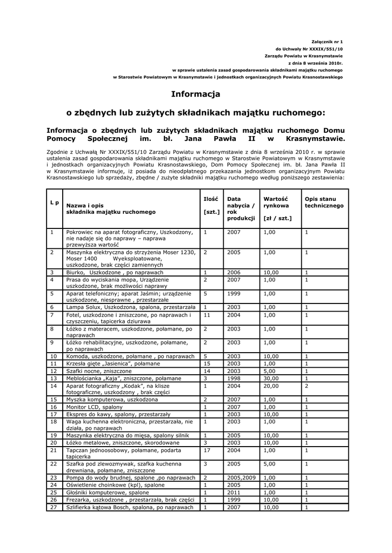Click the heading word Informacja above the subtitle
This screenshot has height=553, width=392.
point(196,94)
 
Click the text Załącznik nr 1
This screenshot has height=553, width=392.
point(328,42)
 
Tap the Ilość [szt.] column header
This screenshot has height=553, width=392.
point(211,205)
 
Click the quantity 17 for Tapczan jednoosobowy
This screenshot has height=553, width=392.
point(207,449)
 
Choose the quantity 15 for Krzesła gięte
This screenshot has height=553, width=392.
point(207,364)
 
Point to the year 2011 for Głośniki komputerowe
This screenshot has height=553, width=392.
point(234,493)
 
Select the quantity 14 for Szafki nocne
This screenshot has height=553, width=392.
point(207,372)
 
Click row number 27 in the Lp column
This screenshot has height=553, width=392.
point(54,507)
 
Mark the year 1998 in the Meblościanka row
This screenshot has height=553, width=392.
point(234,379)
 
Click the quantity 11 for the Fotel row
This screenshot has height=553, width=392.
point(207,314)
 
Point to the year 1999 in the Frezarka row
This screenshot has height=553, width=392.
point(234,500)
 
